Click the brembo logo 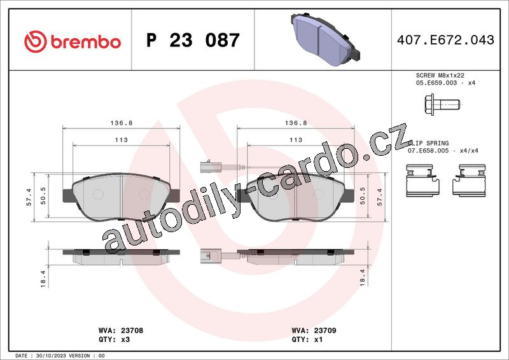[x=73, y=41]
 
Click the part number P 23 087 [x=193, y=40]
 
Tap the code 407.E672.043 [x=445, y=40]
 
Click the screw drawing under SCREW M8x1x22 [x=442, y=104]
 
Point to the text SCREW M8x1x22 [x=440, y=75]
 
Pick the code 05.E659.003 [x=436, y=83]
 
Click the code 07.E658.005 [x=428, y=151]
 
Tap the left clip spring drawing [x=422, y=181]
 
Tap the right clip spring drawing [x=469, y=181]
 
